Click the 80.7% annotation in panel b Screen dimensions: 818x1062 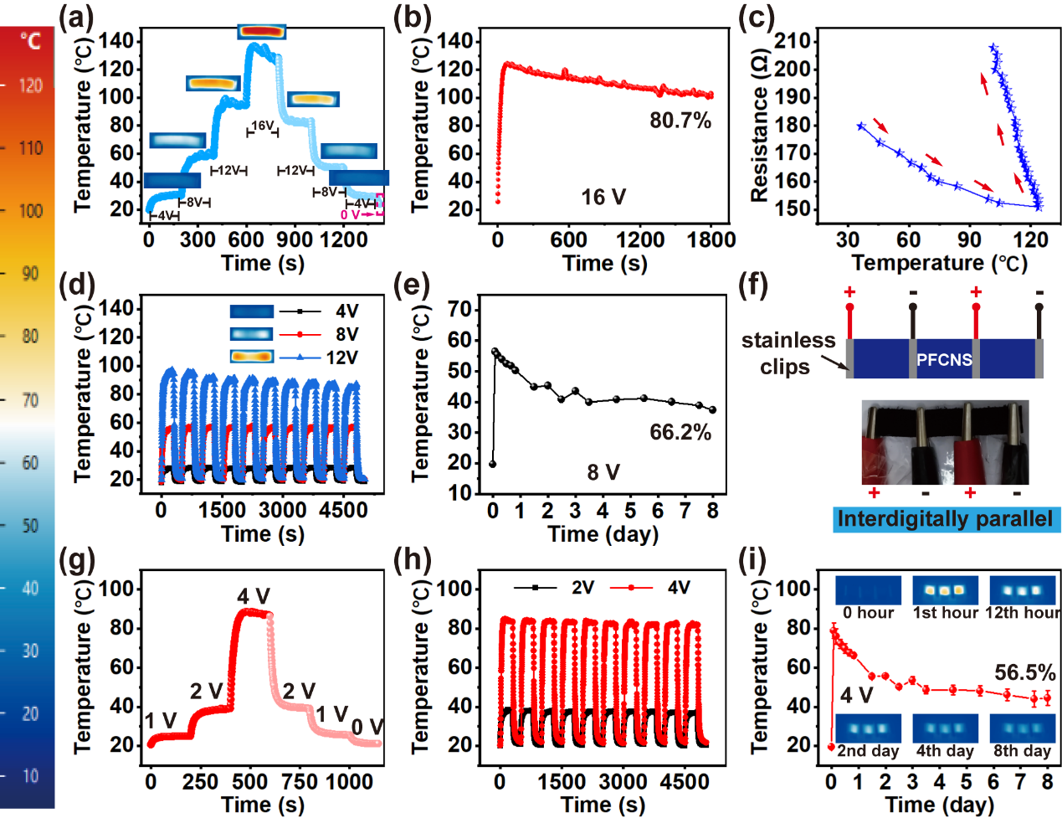coord(680,121)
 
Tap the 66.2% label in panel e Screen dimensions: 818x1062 coord(680,432)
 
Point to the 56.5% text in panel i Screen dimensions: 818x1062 coord(1024,672)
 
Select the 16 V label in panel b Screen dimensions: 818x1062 coord(603,197)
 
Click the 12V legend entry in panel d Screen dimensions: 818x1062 coord(341,358)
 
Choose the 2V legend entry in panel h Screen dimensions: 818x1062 coord(582,588)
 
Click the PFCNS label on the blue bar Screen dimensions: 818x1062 coord(944,360)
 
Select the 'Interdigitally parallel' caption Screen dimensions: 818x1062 coord(946,519)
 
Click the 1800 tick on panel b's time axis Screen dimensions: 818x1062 coord(711,239)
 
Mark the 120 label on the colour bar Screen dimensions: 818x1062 coord(31,85)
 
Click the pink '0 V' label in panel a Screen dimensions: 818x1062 coord(350,215)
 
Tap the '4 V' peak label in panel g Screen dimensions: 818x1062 coord(253,596)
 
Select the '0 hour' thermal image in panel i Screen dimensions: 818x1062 coord(868,589)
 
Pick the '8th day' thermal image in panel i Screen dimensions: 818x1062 coord(1022,728)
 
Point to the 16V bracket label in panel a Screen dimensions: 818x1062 coord(263,126)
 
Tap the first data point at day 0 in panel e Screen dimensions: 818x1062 coord(492,464)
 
